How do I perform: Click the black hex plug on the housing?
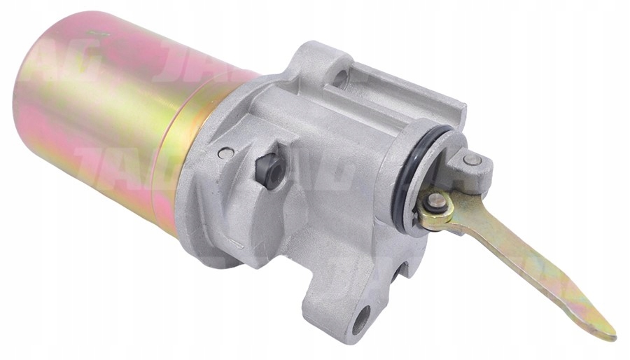click(269, 170)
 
